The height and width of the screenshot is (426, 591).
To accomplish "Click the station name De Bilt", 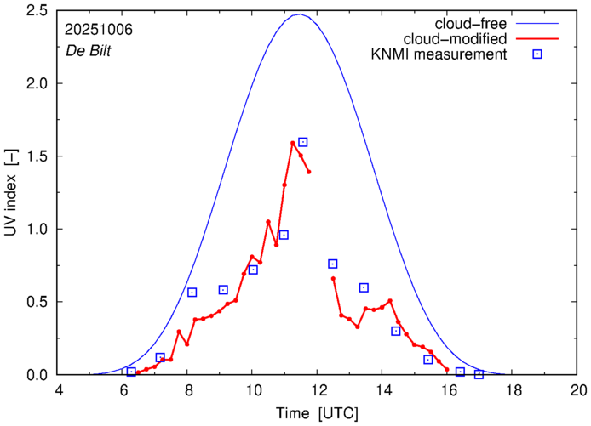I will [87, 49].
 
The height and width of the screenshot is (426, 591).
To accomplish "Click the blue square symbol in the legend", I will [536, 55].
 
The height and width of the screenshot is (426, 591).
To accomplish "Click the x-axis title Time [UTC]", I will [318, 412].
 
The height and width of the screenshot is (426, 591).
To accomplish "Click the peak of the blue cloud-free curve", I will [300, 14].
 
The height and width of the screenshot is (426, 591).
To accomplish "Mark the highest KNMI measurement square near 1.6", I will [302, 142].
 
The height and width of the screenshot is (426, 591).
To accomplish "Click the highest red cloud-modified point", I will [293, 143].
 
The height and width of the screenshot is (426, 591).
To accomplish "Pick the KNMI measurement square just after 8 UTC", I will [192, 293].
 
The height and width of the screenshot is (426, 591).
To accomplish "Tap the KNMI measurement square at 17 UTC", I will [479, 374].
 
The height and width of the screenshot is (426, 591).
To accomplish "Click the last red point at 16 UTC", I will [447, 369].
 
